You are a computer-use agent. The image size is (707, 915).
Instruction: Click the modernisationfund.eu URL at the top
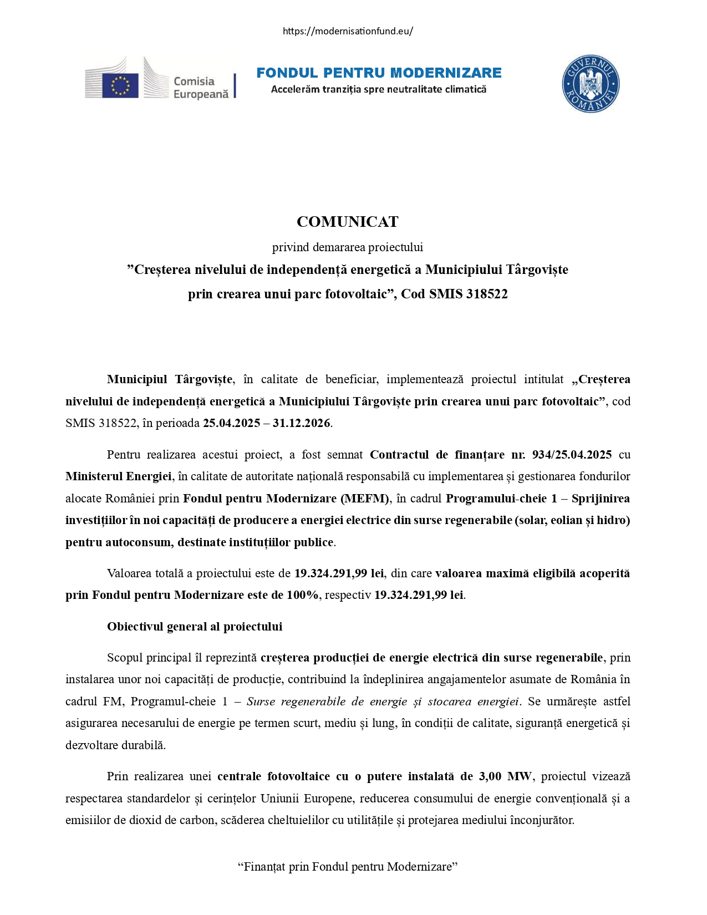coord(348,31)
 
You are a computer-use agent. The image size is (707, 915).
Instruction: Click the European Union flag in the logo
coord(120,85)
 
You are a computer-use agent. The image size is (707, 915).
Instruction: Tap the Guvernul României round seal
coord(590,84)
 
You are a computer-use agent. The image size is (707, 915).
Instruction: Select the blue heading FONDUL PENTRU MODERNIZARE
coord(379,73)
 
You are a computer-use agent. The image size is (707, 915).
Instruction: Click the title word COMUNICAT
coord(348,222)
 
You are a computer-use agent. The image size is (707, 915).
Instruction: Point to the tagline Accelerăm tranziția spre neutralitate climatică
coord(379,89)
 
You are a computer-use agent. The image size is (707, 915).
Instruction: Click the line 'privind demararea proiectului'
coord(348,247)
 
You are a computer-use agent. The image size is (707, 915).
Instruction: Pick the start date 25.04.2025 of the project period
coord(231,423)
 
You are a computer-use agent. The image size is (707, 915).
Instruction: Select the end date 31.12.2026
coord(302,423)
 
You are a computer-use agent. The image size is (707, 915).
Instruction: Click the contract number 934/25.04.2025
coord(572,455)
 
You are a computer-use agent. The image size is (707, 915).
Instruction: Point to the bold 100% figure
coord(302,595)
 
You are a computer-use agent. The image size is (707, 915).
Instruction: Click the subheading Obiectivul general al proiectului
coord(195,627)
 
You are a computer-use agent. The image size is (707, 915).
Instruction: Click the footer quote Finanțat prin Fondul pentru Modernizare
coord(348,867)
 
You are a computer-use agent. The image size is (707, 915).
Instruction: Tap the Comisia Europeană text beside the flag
coord(201,88)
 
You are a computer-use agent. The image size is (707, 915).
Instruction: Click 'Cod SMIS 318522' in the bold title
coord(454,294)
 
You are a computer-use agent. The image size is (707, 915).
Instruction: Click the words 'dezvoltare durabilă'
coord(115,745)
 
